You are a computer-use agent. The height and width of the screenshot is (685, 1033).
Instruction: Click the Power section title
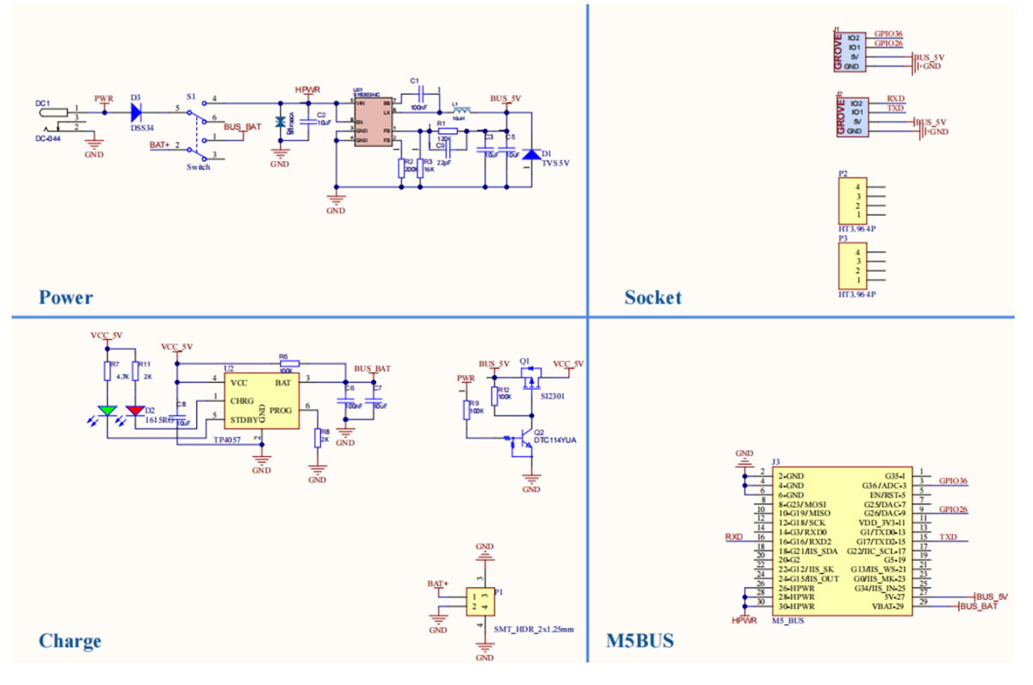coord(65,298)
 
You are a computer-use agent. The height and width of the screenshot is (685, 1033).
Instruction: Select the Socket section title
coord(653,298)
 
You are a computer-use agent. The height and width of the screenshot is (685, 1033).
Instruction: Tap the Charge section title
coord(70,641)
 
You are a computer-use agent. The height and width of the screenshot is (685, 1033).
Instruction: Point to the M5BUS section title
coord(640,641)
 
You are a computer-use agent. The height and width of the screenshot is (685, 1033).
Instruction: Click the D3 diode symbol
coord(137,109)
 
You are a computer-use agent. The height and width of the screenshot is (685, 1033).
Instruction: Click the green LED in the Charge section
coord(107,410)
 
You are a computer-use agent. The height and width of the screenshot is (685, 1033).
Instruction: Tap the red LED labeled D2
coord(134,410)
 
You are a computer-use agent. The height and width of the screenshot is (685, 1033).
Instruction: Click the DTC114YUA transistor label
coord(555,440)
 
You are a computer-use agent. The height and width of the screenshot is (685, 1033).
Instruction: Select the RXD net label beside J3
coord(733,537)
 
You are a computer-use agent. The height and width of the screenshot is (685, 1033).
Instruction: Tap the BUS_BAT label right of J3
coord(979,607)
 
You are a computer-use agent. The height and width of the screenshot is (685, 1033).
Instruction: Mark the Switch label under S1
coord(198,167)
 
